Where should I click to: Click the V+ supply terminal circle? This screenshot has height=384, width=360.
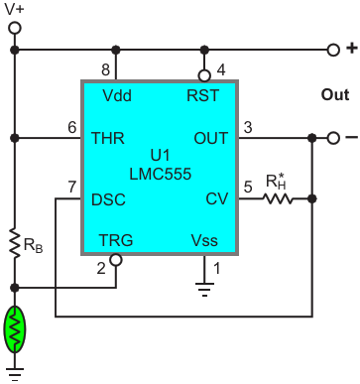[15, 28]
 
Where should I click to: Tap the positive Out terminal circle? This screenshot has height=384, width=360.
[333, 50]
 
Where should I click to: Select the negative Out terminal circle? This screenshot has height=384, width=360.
[333, 138]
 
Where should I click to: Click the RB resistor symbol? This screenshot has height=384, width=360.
[15, 243]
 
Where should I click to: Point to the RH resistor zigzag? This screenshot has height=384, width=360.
[278, 198]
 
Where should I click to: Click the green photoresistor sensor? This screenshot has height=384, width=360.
[15, 329]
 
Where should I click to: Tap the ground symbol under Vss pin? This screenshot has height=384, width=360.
[204, 289]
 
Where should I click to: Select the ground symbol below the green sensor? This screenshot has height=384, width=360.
[15, 374]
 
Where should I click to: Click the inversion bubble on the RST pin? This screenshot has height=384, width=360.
[204, 75]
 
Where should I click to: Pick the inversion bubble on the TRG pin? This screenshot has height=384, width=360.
[116, 260]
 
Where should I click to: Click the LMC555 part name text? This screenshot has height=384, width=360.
[161, 174]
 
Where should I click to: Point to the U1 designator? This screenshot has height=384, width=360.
[160, 155]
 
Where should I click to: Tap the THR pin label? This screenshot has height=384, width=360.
[108, 138]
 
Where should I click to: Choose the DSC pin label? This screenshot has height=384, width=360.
[108, 199]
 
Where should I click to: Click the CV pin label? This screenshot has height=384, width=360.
[217, 198]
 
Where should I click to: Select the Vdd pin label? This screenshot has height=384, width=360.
[117, 95]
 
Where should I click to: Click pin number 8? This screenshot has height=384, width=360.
[105, 69]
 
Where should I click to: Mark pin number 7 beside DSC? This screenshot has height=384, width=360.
[72, 187]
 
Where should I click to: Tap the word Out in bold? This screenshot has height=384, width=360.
[335, 95]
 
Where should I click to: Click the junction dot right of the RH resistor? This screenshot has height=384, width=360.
[312, 198]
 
